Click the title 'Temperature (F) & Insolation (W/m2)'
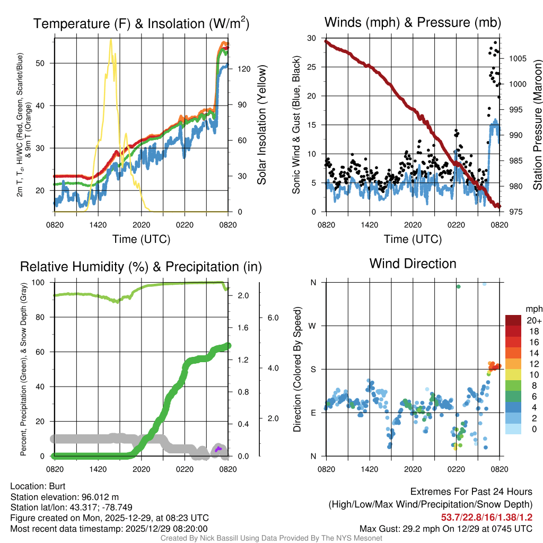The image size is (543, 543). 141,24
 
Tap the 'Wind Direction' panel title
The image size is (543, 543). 413,264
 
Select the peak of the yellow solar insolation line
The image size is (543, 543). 111,40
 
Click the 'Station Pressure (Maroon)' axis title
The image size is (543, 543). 537,125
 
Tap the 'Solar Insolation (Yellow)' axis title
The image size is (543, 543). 261,125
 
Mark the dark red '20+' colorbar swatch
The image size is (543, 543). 514,320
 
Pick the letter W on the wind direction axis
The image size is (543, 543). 312,326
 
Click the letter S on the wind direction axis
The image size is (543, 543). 312,369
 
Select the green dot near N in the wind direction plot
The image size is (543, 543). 458,287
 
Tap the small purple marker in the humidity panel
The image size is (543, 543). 218,449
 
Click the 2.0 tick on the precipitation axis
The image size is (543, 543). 242,295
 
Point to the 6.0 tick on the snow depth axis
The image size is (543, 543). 272,318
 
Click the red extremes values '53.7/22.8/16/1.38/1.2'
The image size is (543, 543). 486,516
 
